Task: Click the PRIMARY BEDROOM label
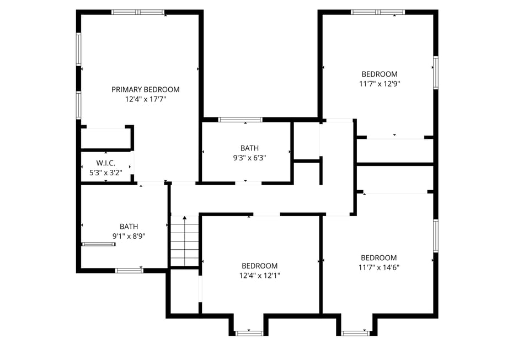coord(145,89)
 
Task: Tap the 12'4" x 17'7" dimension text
coord(145,99)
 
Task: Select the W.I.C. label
coord(105,163)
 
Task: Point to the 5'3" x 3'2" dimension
coord(105,173)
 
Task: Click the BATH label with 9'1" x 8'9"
coord(129,227)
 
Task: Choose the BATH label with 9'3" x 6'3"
coord(249,148)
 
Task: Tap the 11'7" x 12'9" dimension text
coord(379,84)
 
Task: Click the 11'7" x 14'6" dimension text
coord(378,267)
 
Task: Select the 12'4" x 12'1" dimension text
coord(259,275)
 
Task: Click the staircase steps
coord(184,241)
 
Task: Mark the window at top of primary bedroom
coord(138,12)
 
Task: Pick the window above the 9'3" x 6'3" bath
coord(240,119)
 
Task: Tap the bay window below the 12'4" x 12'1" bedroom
coord(248,333)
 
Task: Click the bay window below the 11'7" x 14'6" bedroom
coord(355,333)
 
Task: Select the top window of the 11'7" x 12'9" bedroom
coord(378,12)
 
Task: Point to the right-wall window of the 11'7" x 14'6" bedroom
coord(435,236)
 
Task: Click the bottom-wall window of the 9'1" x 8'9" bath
coord(129,270)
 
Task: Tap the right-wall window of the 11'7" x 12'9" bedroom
coord(435,73)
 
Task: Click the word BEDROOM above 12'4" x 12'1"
coord(259,266)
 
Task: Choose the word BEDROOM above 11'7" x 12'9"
coord(379,74)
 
